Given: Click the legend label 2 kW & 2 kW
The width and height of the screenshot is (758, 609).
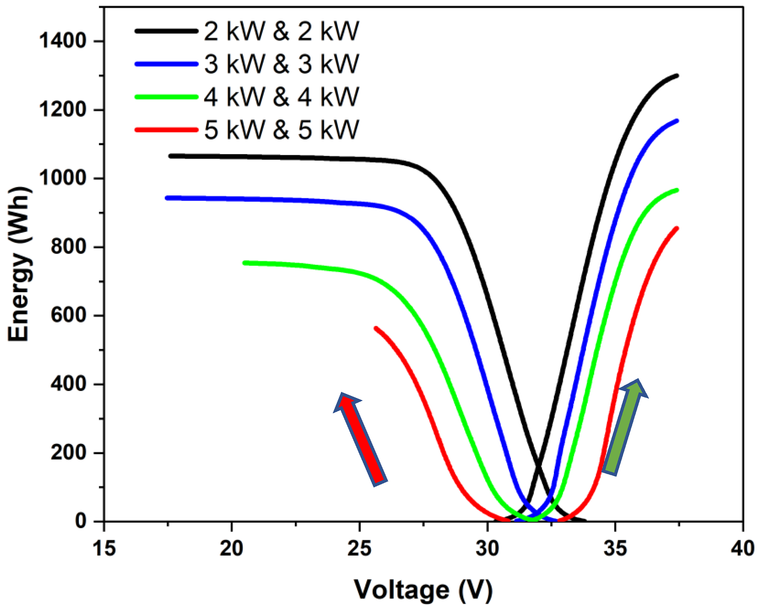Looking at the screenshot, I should point(281,31).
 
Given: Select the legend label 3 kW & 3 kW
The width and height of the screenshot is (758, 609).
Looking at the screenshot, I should point(281,64).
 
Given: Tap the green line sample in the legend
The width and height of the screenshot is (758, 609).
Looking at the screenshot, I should point(166,97).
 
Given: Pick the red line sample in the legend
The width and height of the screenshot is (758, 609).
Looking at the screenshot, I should point(166,130).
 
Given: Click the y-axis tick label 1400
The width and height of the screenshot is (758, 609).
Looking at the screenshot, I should point(63,41).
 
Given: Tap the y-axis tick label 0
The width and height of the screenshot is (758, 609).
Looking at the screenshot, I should point(81,521).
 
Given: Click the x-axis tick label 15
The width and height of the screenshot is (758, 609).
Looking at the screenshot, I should point(104,548).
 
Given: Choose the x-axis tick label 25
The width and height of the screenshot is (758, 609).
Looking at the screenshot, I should point(359,548).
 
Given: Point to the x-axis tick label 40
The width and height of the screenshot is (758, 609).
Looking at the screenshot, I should point(743,548).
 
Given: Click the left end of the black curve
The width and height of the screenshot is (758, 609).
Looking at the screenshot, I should point(170,156).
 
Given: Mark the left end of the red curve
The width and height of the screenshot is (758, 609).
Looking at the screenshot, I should point(376,328).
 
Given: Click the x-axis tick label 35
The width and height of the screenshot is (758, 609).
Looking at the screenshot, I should point(615,548).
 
